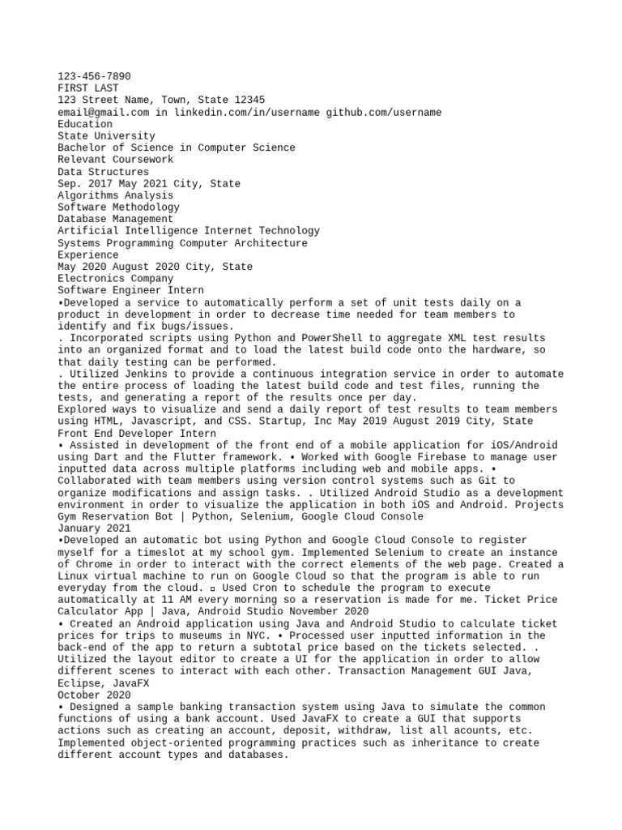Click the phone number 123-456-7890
click(94, 76)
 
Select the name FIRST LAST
click(87, 88)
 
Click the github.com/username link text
click(384, 112)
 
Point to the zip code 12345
click(248, 100)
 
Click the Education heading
click(85, 124)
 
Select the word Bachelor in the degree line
click(82, 148)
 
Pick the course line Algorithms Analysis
click(115, 195)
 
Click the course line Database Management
click(115, 219)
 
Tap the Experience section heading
click(87, 255)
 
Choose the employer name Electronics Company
click(115, 278)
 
